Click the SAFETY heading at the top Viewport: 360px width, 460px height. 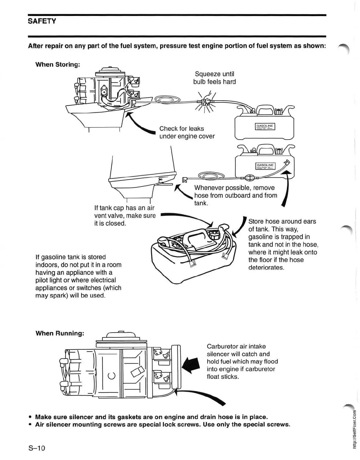(42, 21)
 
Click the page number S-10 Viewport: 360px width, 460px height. (37, 448)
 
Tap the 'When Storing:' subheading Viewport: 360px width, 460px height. (58, 64)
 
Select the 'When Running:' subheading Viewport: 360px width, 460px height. (60, 333)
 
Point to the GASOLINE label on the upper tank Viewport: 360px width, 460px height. (265, 126)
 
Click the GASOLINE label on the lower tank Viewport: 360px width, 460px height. (265, 165)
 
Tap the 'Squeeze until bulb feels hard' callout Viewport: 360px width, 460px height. (214, 78)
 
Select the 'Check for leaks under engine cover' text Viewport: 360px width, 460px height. (187, 132)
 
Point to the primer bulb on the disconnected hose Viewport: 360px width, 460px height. (249, 178)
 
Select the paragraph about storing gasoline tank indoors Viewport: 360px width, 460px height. (78, 276)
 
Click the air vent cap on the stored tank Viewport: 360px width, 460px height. (214, 234)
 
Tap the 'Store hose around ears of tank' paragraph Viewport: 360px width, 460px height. (283, 244)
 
